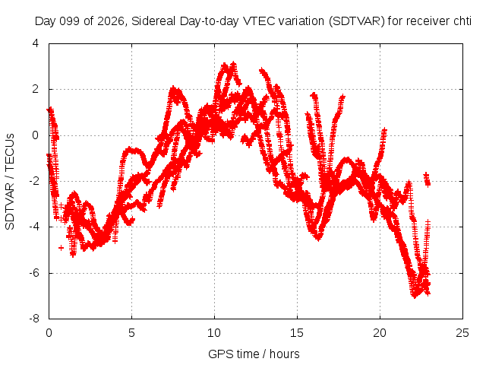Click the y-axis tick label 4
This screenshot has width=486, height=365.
point(36,43)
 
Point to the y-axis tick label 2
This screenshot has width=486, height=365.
point(36,89)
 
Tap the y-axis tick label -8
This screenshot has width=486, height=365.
point(34,319)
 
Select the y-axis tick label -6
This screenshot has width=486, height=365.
point(34,273)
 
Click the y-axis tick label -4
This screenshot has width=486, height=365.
point(34,227)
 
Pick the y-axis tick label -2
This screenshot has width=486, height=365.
point(34,181)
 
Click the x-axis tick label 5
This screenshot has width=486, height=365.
point(131,333)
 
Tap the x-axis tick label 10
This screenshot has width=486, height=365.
point(214,333)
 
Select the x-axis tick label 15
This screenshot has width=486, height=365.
point(297,333)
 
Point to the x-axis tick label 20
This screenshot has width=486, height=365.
point(380,333)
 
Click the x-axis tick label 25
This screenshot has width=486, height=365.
point(462,333)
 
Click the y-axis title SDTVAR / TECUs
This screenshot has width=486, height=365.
point(10,182)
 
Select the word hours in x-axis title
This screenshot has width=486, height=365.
point(285,354)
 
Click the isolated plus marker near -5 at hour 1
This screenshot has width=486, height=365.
point(61,248)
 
